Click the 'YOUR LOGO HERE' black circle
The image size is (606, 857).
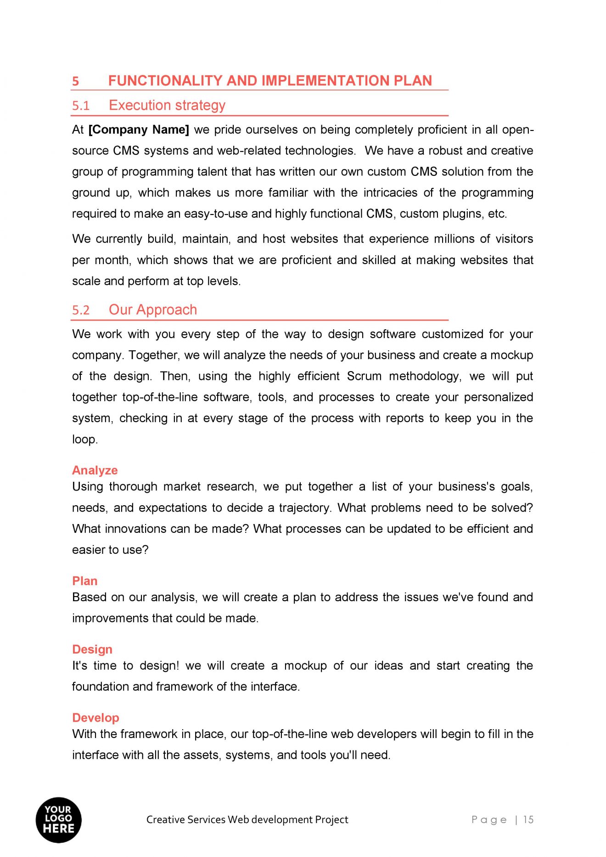[x=58, y=820]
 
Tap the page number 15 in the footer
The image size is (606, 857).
[x=528, y=820]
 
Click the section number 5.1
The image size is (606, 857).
[x=81, y=106]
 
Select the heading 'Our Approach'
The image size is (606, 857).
[x=152, y=310]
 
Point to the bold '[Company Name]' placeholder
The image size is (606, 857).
[x=139, y=130]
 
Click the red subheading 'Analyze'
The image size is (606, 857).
[x=95, y=470]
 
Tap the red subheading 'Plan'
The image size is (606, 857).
[x=84, y=581]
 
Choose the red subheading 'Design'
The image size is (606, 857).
[x=92, y=649]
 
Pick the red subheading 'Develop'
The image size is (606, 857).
[x=95, y=718]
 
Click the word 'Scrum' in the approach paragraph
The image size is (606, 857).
[x=364, y=377]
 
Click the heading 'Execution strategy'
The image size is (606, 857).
[x=167, y=106]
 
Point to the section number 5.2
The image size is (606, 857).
[x=81, y=310]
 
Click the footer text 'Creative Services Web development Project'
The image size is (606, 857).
[x=247, y=820]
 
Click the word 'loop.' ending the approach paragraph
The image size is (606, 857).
[x=85, y=440]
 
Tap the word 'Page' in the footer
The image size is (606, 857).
[x=489, y=820]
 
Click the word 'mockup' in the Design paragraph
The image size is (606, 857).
[x=305, y=666]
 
